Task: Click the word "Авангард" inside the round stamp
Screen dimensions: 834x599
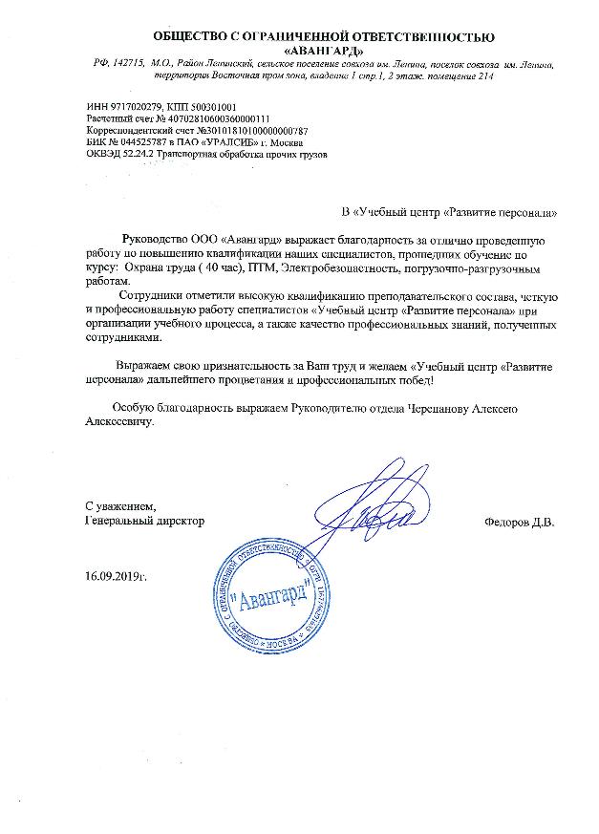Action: tap(272, 598)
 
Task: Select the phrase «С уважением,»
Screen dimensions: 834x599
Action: tap(118, 506)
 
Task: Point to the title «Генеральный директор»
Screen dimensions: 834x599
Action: tap(144, 523)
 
